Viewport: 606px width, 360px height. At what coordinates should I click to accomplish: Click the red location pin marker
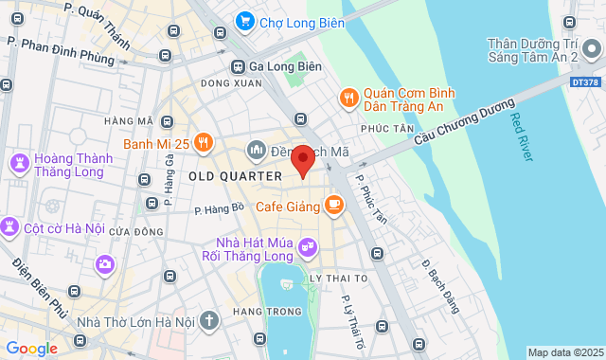tap(303, 160)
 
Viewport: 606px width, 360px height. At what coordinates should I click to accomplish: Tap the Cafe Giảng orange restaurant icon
tap(333, 204)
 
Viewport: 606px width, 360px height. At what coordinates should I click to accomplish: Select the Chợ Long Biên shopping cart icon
tap(245, 20)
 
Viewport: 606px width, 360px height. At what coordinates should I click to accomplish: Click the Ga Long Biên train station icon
tap(238, 66)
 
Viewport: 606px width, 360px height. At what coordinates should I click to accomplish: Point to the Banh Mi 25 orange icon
tap(205, 145)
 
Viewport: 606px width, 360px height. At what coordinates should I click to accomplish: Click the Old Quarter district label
tap(236, 176)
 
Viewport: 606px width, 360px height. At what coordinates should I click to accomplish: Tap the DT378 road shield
tap(586, 83)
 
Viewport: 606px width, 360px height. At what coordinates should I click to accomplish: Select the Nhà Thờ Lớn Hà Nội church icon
tap(209, 322)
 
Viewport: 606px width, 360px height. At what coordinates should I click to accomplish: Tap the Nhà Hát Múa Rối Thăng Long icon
tap(307, 248)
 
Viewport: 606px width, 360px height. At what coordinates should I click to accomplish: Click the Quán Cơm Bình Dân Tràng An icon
tap(348, 98)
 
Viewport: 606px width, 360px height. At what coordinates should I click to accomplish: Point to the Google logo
tap(31, 349)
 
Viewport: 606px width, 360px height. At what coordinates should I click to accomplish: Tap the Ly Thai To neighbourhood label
tap(338, 278)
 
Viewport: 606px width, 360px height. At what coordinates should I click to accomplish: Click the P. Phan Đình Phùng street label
tap(62, 50)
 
